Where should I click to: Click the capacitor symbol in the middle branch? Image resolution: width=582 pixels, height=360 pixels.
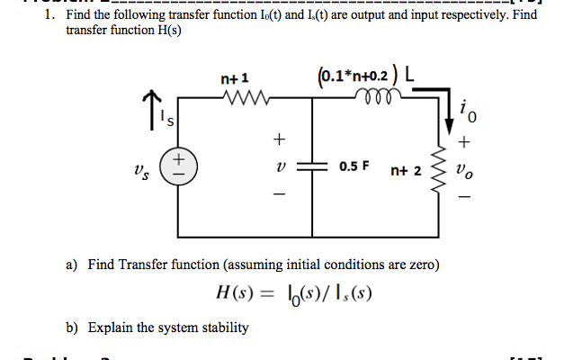click(313, 167)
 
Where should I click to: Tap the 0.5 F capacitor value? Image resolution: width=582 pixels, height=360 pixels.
click(357, 167)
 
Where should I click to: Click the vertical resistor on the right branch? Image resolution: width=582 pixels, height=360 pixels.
click(443, 168)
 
